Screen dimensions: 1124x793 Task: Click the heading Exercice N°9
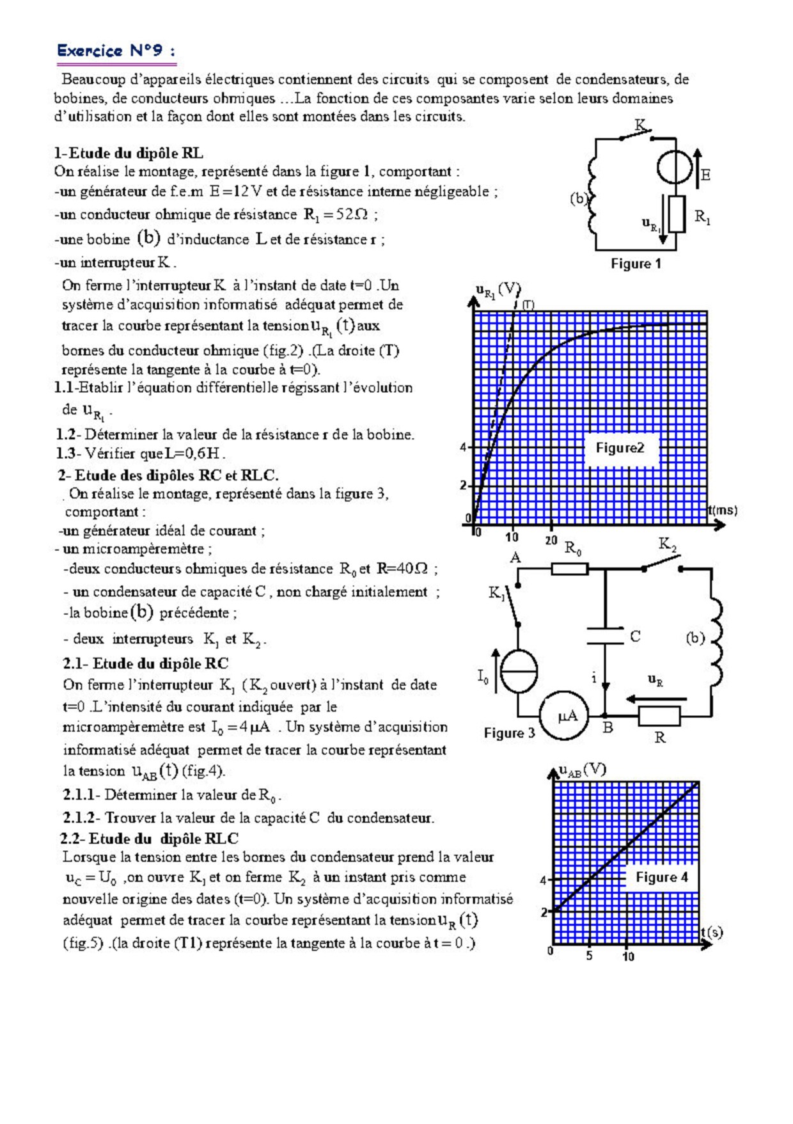point(115,51)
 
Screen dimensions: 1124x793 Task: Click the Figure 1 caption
point(636,264)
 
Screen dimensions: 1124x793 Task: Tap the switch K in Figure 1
point(636,134)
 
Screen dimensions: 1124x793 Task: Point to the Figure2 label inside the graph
point(620,448)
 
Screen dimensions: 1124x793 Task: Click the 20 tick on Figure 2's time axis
point(551,540)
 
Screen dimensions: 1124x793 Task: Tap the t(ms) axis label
point(723,511)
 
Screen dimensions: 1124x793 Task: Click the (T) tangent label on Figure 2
point(528,305)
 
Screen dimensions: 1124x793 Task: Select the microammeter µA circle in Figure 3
point(567,716)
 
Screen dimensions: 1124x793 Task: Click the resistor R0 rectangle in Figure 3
point(569,568)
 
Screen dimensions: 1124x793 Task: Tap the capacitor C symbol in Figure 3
point(605,636)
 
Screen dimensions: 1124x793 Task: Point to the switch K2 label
point(667,544)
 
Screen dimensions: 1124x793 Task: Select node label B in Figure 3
point(608,727)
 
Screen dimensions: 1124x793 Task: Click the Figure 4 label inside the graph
point(661,877)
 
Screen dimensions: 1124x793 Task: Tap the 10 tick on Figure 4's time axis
point(628,956)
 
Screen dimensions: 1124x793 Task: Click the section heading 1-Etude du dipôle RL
point(129,154)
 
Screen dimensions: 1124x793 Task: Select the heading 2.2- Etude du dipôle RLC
point(149,839)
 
